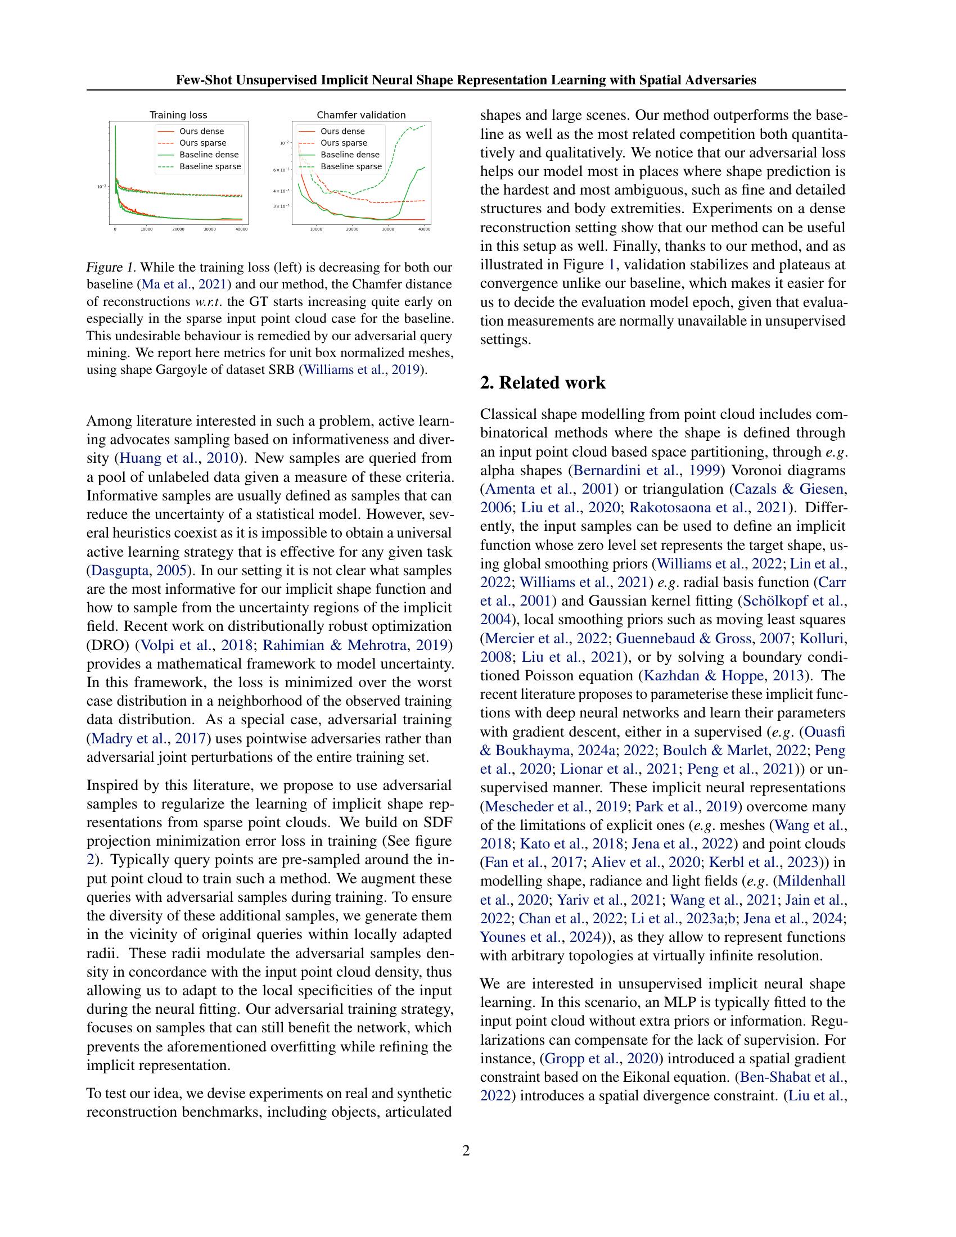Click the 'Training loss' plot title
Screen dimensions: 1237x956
(178, 115)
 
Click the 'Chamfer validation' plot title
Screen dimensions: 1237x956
(361, 115)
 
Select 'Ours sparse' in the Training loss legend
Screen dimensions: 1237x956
(202, 143)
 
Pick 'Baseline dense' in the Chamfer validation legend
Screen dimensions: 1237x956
(349, 155)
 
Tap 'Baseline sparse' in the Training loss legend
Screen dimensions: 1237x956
(210, 166)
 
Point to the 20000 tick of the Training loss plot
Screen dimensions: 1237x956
(178, 229)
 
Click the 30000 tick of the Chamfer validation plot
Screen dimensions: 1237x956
(388, 229)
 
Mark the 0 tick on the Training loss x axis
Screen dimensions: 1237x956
(115, 229)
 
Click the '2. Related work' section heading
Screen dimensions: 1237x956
(542, 383)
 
